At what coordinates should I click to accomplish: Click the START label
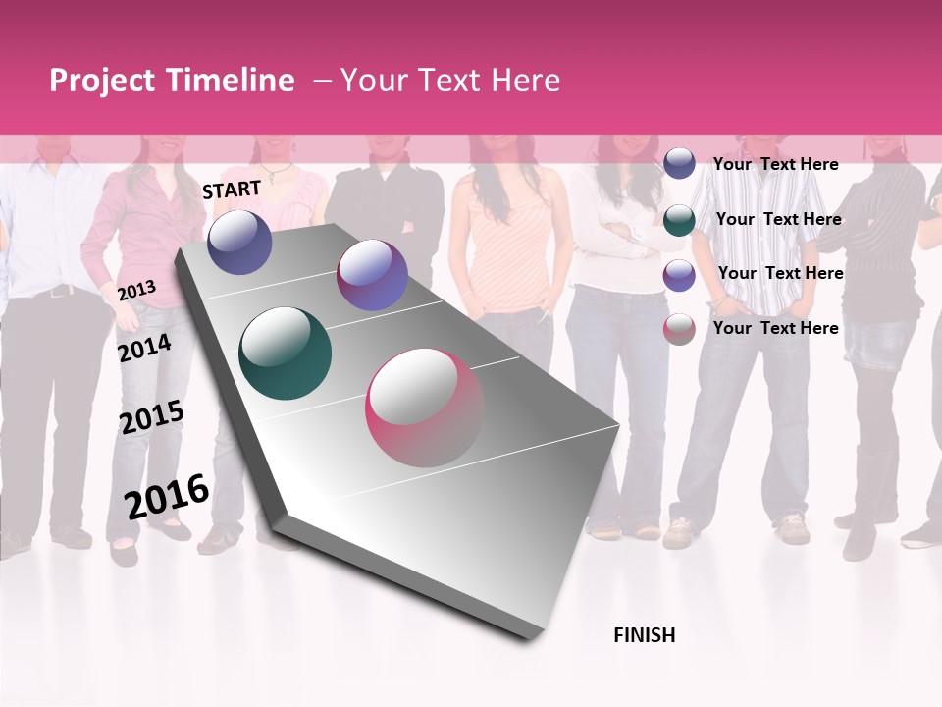pyautogui.click(x=232, y=190)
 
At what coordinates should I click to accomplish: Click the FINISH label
pyautogui.click(x=644, y=635)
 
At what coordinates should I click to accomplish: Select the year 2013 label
pyautogui.click(x=136, y=290)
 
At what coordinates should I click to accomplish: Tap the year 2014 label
pyautogui.click(x=144, y=348)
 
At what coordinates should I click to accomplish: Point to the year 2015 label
pyautogui.click(x=151, y=417)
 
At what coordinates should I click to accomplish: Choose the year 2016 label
pyautogui.click(x=166, y=496)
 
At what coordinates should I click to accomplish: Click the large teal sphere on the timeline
pyautogui.click(x=285, y=353)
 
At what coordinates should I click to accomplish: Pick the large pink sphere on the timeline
pyautogui.click(x=425, y=408)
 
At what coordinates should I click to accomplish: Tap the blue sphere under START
pyautogui.click(x=239, y=242)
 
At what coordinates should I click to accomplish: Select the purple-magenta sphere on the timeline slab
pyautogui.click(x=372, y=275)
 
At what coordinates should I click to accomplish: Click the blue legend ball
pyautogui.click(x=679, y=163)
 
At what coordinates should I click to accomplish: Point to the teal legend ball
pyautogui.click(x=679, y=219)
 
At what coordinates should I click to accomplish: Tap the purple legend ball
pyautogui.click(x=679, y=275)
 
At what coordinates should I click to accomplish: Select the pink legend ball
pyautogui.click(x=679, y=329)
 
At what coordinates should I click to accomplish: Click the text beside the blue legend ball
pyautogui.click(x=775, y=164)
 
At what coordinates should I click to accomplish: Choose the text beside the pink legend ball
pyautogui.click(x=775, y=328)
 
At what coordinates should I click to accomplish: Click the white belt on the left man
pyautogui.click(x=59, y=291)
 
